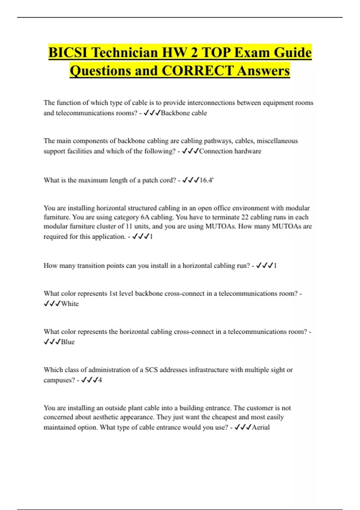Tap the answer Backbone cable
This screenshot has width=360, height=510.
(x=184, y=113)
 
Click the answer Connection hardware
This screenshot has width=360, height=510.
(x=230, y=151)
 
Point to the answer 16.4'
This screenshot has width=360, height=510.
(x=206, y=180)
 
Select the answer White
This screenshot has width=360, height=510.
(x=70, y=304)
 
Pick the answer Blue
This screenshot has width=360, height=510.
(x=68, y=342)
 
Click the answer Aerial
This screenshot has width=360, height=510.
(x=261, y=427)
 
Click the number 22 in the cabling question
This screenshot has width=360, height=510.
(x=245, y=217)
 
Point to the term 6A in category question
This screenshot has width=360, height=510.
(x=145, y=217)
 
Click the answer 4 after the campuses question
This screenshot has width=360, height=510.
(x=100, y=380)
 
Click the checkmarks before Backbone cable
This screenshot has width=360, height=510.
(x=152, y=113)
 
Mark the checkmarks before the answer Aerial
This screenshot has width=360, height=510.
(x=243, y=427)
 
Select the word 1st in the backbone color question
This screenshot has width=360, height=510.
(x=113, y=293)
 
